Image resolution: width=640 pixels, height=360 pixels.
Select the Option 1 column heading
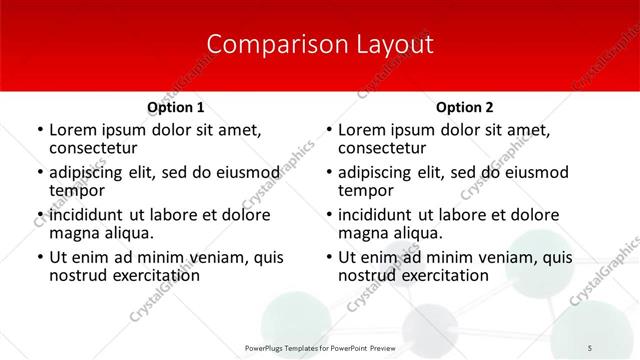click(x=175, y=107)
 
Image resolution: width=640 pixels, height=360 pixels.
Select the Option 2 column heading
click(x=464, y=107)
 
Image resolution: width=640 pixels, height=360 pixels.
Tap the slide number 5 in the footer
click(x=590, y=347)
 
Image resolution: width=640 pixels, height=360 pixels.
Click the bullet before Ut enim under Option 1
click(x=40, y=258)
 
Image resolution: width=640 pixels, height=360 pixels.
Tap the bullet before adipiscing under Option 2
click(x=329, y=173)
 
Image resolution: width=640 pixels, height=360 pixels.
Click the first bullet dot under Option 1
click(x=40, y=131)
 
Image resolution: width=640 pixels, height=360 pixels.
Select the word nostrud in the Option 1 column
click(x=76, y=275)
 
